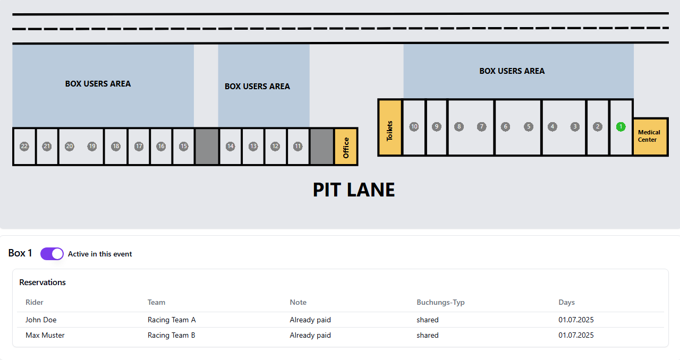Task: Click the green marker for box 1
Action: [621, 126]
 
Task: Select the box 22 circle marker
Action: [24, 147]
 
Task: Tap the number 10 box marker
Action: [414, 126]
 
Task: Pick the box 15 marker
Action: [184, 147]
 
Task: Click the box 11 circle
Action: [298, 147]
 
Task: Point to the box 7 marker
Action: [481, 126]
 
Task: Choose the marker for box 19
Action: [92, 147]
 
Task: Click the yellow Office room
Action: [346, 147]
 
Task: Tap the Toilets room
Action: [390, 128]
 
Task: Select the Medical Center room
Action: [650, 136]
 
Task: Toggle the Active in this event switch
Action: [52, 254]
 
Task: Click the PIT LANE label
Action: [354, 190]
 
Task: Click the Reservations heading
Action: [42, 282]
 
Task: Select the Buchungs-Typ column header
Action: [440, 302]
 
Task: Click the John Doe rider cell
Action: [41, 320]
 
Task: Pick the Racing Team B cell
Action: [172, 335]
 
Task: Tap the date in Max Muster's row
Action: [576, 335]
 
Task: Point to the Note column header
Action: [298, 302]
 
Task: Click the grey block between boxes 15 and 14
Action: [207, 147]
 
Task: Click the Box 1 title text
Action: [20, 253]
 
